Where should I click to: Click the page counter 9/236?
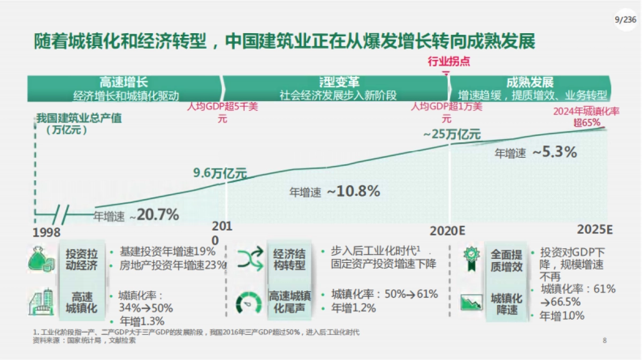point(625,19)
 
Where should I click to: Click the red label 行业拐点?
point(449,62)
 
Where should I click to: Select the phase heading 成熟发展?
point(529,82)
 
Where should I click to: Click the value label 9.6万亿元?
point(220,173)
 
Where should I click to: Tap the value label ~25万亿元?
point(452,134)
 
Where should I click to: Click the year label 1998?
point(47,233)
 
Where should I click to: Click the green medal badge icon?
point(472,258)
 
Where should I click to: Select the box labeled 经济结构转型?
point(289,259)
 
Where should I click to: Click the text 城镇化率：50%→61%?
point(384,294)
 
